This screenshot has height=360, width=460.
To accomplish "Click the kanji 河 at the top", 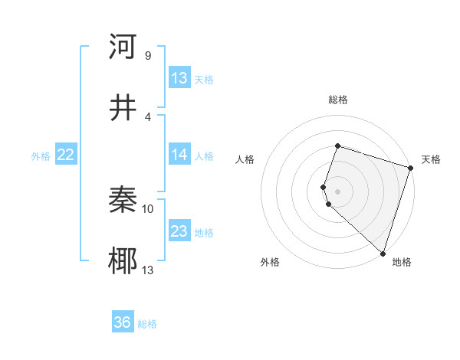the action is click(123, 47).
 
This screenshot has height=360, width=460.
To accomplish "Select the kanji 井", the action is click(123, 108).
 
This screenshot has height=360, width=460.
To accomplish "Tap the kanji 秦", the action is click(123, 200).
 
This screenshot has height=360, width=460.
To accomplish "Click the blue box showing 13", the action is click(179, 78).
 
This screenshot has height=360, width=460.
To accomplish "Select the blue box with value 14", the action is click(179, 155).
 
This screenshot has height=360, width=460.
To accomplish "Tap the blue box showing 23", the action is click(179, 231).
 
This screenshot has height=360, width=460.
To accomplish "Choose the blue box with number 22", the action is click(66, 155).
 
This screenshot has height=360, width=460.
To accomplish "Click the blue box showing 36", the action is click(123, 322).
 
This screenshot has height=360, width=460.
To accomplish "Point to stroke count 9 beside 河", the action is click(147, 55).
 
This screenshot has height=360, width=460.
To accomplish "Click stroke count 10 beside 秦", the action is click(148, 208).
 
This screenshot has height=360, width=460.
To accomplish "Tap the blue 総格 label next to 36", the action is click(147, 324).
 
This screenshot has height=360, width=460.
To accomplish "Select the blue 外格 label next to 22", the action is click(41, 156).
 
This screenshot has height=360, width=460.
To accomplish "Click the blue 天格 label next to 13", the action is click(203, 80).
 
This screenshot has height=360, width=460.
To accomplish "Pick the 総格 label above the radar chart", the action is click(337, 100).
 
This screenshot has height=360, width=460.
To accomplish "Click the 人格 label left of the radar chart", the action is click(245, 159).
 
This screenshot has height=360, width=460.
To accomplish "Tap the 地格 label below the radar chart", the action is click(402, 262).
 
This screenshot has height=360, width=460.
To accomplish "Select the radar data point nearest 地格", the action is click(383, 253).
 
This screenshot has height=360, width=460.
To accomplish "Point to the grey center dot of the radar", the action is click(337, 191).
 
